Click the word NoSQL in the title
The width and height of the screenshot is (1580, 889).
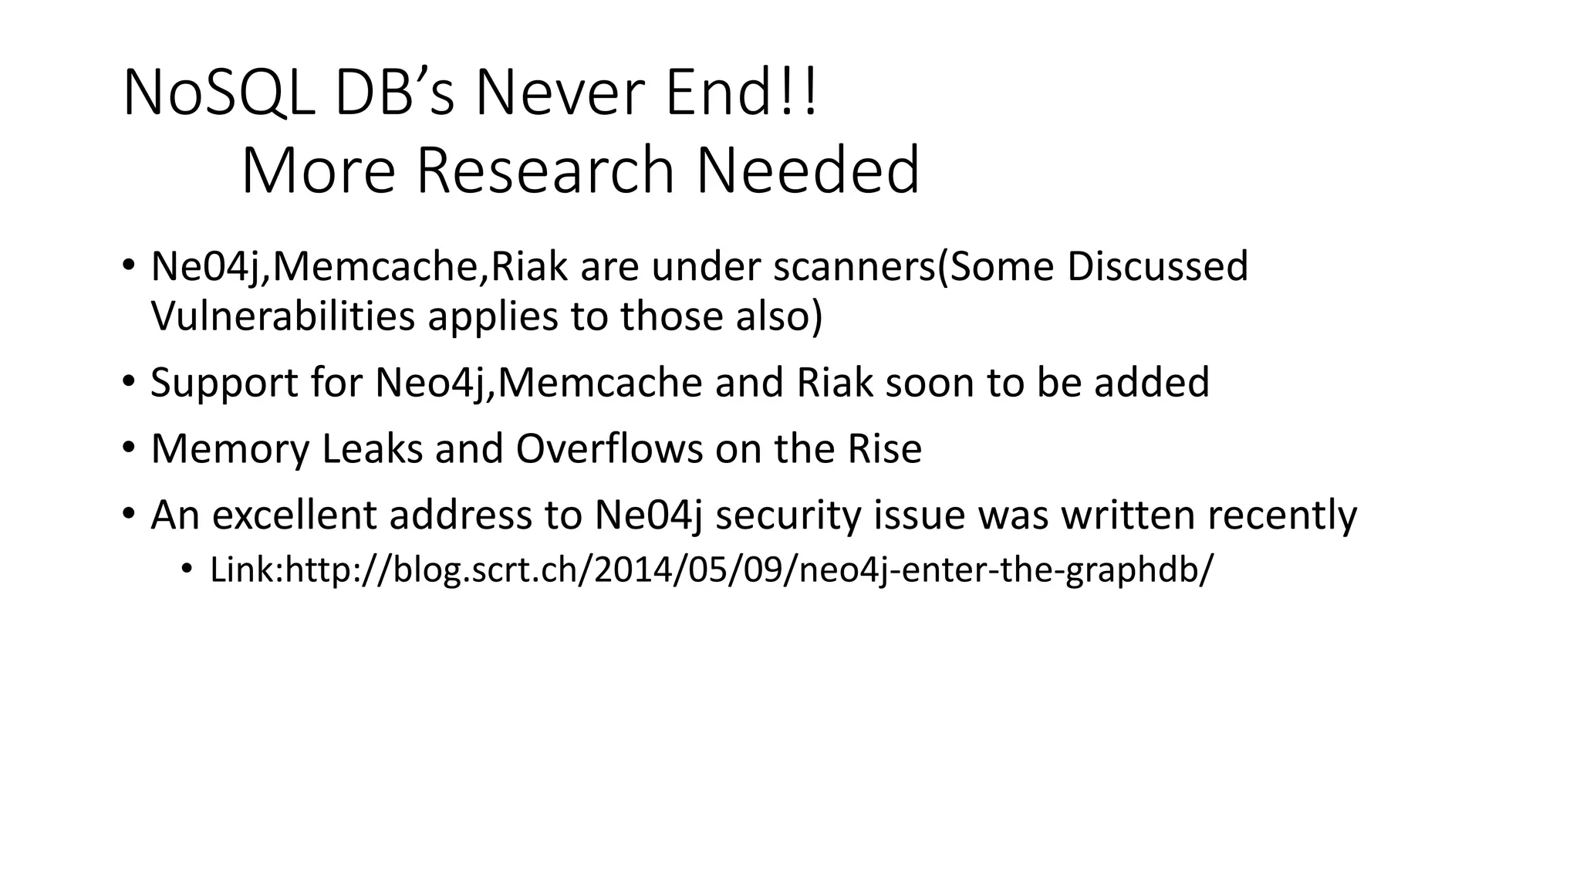click(218, 93)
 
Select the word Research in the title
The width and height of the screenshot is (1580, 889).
click(545, 171)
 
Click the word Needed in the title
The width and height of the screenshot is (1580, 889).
click(808, 171)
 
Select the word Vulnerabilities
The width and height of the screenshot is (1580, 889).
click(283, 316)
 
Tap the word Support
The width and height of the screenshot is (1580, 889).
click(225, 384)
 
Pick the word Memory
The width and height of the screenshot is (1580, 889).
click(230, 450)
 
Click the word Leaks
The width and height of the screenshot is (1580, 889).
click(373, 449)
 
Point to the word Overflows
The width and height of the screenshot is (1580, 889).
click(609, 449)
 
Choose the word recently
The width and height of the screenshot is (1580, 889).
click(1281, 515)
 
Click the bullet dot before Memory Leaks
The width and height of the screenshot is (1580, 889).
click(128, 448)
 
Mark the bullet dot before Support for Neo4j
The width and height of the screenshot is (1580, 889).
click(128, 381)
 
